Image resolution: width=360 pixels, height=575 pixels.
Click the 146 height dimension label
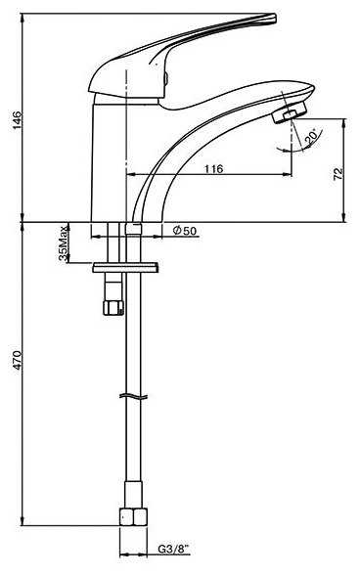(x=18, y=119)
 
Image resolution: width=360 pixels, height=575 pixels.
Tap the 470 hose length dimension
(x=18, y=360)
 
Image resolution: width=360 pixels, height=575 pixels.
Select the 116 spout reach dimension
(x=213, y=168)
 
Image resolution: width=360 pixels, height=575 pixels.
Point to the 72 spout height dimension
(x=338, y=173)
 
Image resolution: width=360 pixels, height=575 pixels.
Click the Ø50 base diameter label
(x=185, y=231)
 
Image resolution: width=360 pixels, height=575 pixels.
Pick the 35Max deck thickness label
(x=64, y=243)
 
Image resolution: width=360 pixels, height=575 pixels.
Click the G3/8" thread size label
(x=174, y=549)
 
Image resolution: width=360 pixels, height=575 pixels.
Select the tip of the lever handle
(x=275, y=19)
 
